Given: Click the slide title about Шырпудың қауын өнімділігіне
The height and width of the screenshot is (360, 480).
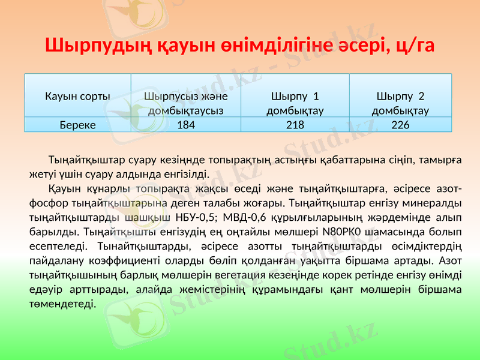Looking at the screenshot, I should (x=240, y=45).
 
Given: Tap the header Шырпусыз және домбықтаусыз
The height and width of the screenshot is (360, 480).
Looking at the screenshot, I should (x=186, y=103).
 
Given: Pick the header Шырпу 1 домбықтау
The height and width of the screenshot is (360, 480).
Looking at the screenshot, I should (x=295, y=103).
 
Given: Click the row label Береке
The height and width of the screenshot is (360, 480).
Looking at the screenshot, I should (x=77, y=125).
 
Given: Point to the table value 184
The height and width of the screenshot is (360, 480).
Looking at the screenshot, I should (x=186, y=125).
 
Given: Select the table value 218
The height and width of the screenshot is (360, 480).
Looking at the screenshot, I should (x=295, y=125).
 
